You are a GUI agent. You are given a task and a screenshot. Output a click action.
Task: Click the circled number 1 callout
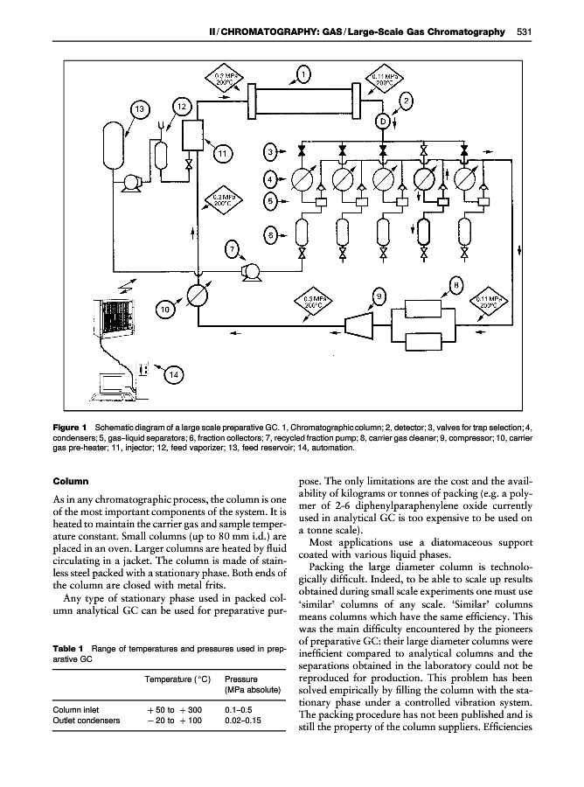[302, 74]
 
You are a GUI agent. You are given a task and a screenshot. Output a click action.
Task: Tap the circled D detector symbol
[383, 121]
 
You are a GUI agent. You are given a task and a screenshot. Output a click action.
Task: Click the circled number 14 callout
[174, 375]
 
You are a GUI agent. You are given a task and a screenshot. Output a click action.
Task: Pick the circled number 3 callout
[272, 152]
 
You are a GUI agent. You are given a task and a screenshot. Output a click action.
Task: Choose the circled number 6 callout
[272, 235]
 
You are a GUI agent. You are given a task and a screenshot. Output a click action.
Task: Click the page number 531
[525, 32]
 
